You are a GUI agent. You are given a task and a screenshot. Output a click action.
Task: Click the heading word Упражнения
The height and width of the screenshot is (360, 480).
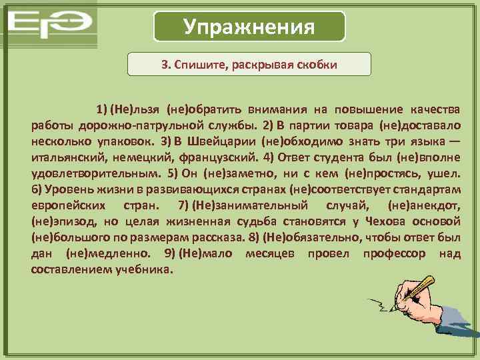coord(249,27)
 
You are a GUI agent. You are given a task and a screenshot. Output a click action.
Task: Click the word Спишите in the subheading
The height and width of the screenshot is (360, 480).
coord(203,65)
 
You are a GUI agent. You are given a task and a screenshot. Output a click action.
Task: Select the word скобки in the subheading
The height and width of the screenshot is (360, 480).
coord(317,65)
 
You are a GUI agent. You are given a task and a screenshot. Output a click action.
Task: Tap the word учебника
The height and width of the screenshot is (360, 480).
coord(140,270)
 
